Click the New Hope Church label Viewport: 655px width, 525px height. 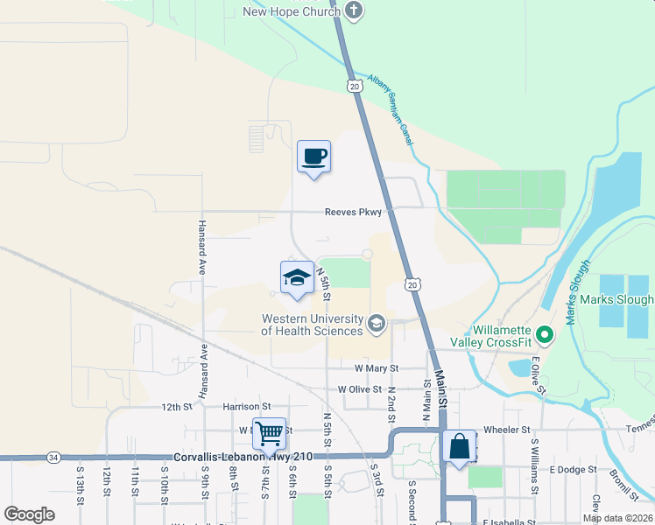(x=291, y=11)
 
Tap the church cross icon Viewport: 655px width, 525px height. (x=355, y=10)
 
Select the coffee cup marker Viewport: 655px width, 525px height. (x=314, y=157)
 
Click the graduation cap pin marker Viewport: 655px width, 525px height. (x=297, y=277)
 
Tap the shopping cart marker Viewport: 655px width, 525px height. (x=269, y=433)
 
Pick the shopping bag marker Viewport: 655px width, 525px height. (x=460, y=447)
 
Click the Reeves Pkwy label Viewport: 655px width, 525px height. (x=353, y=212)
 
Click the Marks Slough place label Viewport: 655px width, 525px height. (x=627, y=300)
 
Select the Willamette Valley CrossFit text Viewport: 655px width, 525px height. (x=491, y=336)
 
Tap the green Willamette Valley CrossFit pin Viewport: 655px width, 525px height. (x=544, y=333)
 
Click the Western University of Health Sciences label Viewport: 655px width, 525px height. (x=312, y=325)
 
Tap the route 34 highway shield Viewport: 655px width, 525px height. (x=53, y=457)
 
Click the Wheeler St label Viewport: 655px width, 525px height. (x=507, y=430)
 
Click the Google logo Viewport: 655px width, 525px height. (x=30, y=514)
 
